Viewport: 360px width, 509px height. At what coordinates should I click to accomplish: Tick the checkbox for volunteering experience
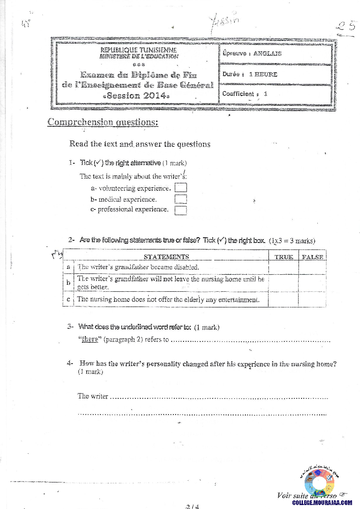point(180,188)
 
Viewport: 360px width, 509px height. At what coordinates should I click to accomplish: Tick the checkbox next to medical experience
point(180,199)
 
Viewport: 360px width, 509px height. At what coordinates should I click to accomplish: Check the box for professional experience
point(180,210)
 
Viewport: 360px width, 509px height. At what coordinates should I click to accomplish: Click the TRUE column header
point(284,257)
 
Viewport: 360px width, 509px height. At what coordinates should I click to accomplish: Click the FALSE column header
point(312,257)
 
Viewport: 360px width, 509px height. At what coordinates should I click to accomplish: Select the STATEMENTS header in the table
point(166,257)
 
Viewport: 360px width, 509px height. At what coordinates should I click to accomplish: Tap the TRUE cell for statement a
point(284,267)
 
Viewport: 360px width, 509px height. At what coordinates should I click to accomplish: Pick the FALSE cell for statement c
point(312,300)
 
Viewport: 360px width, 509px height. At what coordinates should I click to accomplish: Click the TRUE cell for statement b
point(284,283)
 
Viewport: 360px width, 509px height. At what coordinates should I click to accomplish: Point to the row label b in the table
point(68,283)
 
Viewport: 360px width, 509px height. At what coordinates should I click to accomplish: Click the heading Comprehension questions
point(103,122)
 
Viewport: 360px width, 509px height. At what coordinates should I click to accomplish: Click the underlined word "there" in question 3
point(90,340)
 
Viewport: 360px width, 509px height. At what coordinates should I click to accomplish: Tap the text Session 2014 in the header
point(137,95)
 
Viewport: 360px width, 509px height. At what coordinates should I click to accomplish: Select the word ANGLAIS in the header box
point(268,54)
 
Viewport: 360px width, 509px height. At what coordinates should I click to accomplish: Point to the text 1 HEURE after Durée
point(263,74)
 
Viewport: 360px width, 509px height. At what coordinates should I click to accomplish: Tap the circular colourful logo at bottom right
point(319,482)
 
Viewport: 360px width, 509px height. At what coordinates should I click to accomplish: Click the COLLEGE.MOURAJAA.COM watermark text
point(322,502)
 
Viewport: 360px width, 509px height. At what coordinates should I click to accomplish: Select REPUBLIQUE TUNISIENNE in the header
point(139,51)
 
